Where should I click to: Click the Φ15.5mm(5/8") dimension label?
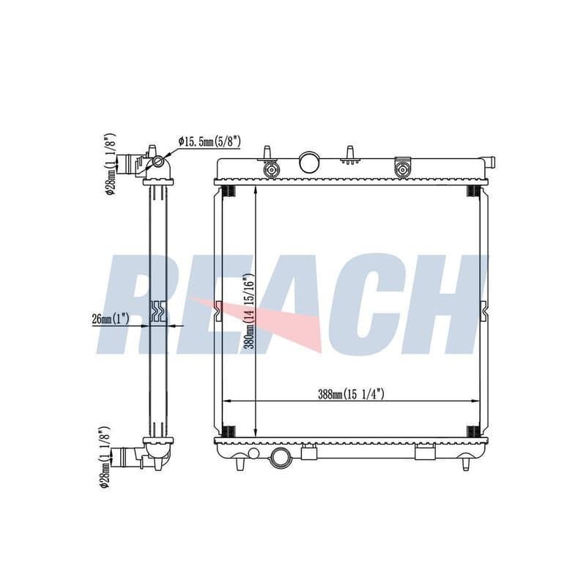pos(209,141)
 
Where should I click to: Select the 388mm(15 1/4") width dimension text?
pos(351,394)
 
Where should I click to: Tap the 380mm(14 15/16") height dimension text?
pos(248,312)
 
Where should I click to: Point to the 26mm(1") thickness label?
pos(111,319)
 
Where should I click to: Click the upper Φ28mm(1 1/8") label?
pos(109,163)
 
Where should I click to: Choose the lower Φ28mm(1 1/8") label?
pos(105,457)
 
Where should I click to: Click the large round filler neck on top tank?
pos(309,162)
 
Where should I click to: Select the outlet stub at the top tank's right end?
pos(489,163)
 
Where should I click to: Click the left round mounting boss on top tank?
pos(271,170)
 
